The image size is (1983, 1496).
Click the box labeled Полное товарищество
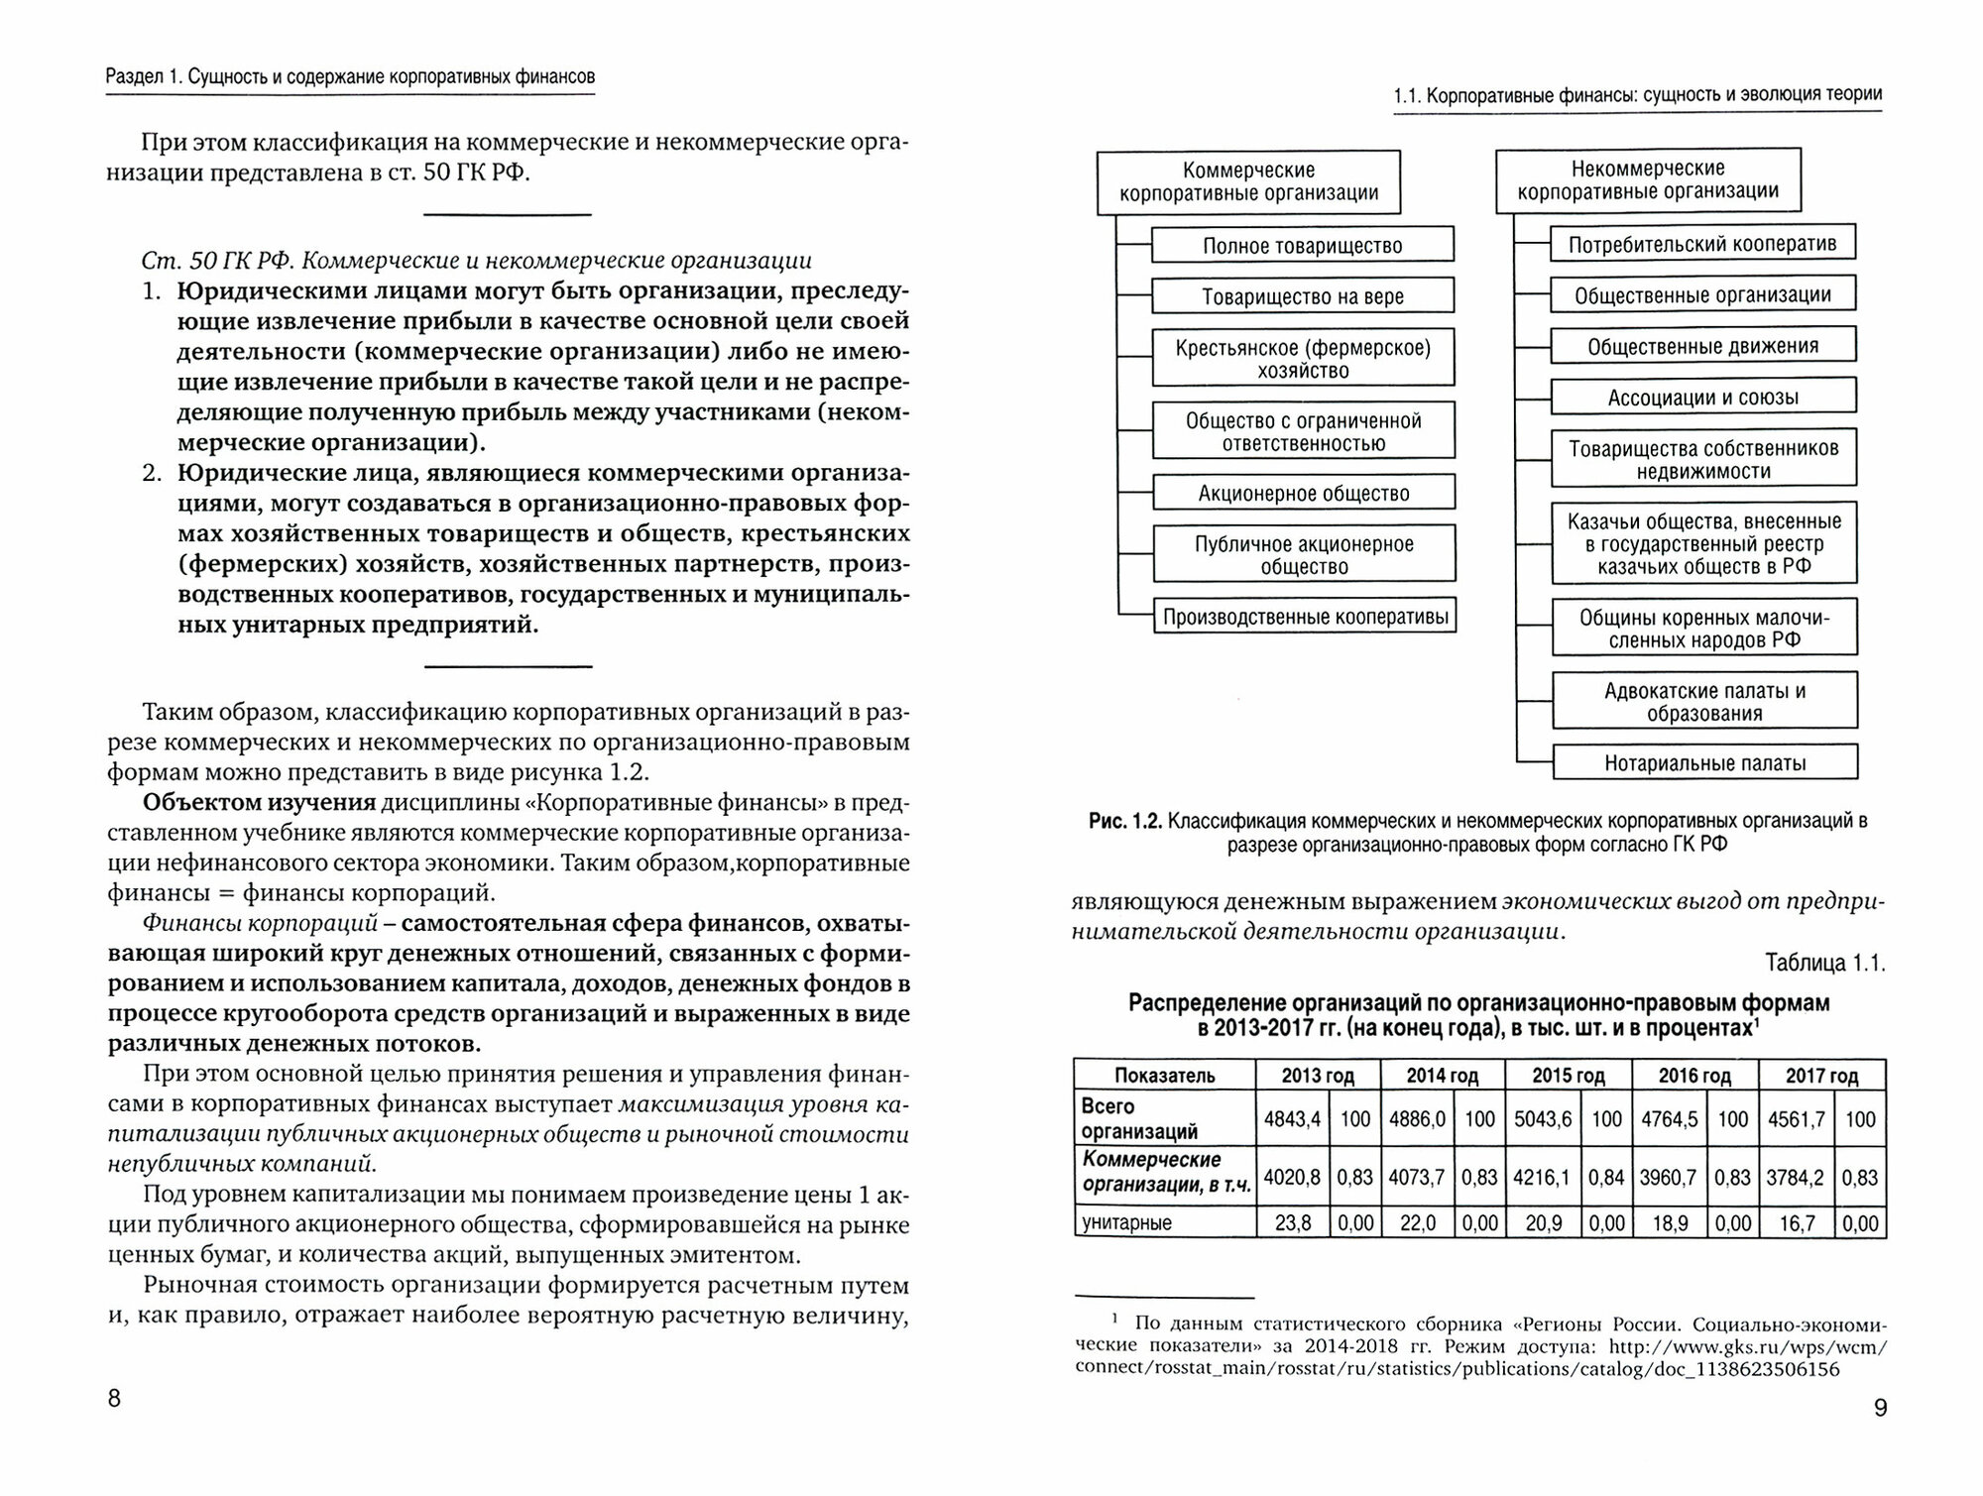coord(1302,246)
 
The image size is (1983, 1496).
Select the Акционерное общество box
coord(1303,493)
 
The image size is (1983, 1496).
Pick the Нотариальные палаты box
coord(1704,763)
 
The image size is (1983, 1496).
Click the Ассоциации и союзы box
coord(1702,398)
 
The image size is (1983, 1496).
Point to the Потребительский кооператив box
coord(1702,244)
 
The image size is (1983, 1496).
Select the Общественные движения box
coord(1702,346)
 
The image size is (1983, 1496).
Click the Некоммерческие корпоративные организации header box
coord(1647,180)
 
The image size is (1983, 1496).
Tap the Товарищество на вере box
coord(1302,296)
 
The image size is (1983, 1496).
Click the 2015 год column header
coord(1568,1076)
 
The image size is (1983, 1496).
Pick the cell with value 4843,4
coord(1292,1119)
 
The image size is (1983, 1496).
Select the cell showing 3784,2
coord(1796,1178)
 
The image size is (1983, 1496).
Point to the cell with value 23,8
coord(1292,1223)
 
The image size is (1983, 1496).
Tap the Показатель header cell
coord(1164,1076)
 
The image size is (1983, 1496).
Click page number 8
coord(114,1398)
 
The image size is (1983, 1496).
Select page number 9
coord(1881,1408)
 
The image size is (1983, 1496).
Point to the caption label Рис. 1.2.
coord(1123,821)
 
